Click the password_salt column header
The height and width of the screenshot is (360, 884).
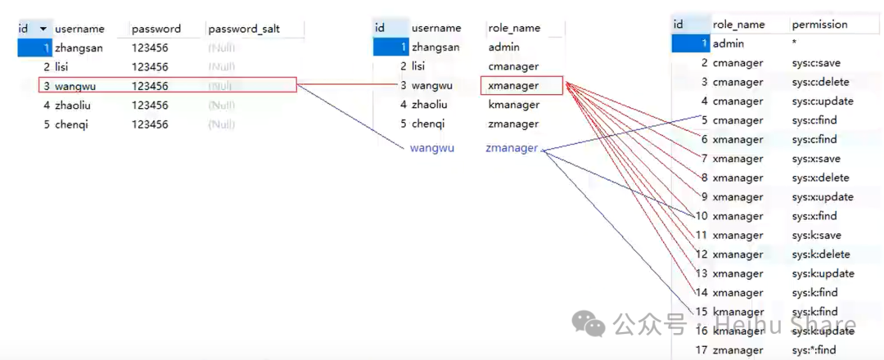click(244, 29)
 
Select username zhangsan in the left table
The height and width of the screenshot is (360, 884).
click(79, 47)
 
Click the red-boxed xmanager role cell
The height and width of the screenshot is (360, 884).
click(513, 85)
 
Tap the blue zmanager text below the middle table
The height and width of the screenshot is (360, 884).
click(512, 148)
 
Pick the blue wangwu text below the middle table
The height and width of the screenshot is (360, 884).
click(431, 148)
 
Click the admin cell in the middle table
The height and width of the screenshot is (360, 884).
click(503, 47)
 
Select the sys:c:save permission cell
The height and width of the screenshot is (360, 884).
click(816, 63)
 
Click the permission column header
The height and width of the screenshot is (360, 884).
click(819, 25)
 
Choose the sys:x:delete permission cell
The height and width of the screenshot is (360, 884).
click(821, 178)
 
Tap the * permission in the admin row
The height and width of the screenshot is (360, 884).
click(795, 43)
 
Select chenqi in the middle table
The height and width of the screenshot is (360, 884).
click(428, 124)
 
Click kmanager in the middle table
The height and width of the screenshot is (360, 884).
click(513, 105)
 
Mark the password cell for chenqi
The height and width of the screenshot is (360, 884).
click(150, 124)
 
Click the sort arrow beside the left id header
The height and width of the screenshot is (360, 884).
click(43, 29)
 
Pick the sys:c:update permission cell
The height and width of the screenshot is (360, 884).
click(823, 101)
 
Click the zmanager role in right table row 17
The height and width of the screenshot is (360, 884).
click(737, 350)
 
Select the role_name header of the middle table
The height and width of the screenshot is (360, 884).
click(514, 28)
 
